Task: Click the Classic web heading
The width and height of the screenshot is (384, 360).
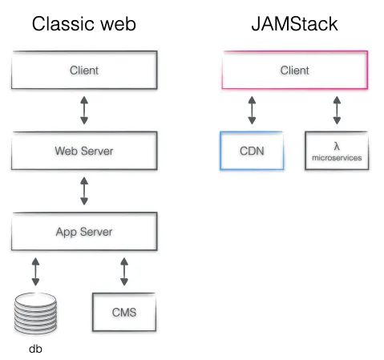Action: [83, 24]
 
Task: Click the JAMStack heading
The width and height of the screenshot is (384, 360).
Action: [294, 24]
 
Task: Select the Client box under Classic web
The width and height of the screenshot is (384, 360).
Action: [83, 71]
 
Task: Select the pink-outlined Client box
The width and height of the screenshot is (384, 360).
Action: [294, 71]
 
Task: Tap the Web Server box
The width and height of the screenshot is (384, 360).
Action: [83, 151]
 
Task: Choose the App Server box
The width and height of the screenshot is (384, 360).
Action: [83, 232]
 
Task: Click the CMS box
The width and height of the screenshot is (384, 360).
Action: [123, 312]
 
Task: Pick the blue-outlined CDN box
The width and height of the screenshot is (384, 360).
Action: [252, 151]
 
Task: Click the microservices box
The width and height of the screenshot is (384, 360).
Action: [336, 151]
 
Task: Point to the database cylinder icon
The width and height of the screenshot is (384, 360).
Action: [36, 314]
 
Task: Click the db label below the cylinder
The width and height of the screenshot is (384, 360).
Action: [36, 349]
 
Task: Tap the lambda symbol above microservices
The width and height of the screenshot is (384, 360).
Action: [336, 145]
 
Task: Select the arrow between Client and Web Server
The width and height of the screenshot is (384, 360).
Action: [84, 111]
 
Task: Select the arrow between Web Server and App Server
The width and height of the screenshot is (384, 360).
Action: [84, 191]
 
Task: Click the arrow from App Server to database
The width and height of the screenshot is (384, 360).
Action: [36, 271]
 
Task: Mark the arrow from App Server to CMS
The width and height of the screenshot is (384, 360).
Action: [123, 271]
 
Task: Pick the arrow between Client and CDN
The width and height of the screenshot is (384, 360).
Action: [252, 111]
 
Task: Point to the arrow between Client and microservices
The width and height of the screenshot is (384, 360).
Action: [336, 111]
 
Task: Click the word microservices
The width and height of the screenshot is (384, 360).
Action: [336, 158]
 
